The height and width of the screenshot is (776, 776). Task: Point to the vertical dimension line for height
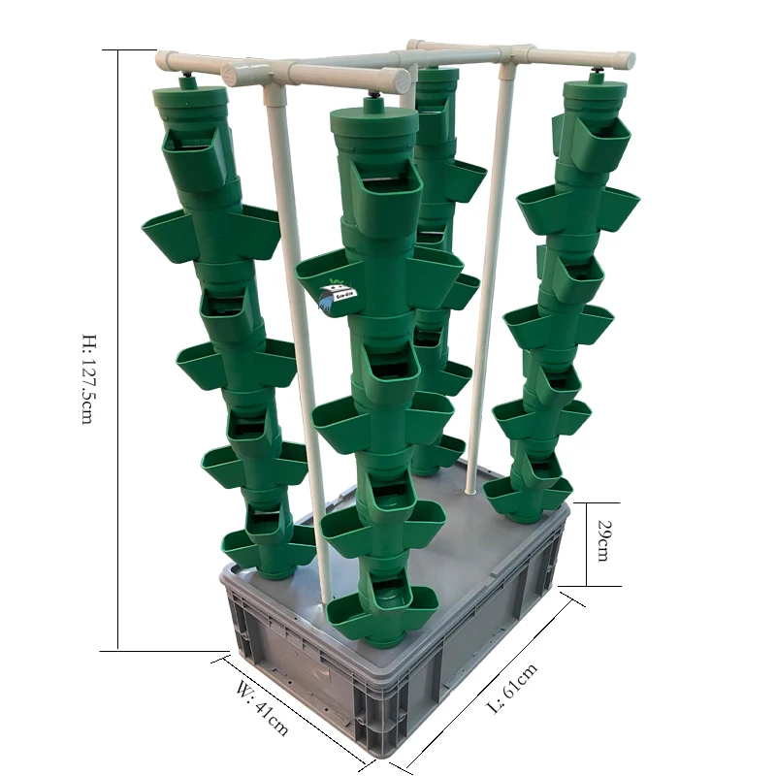117,349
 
